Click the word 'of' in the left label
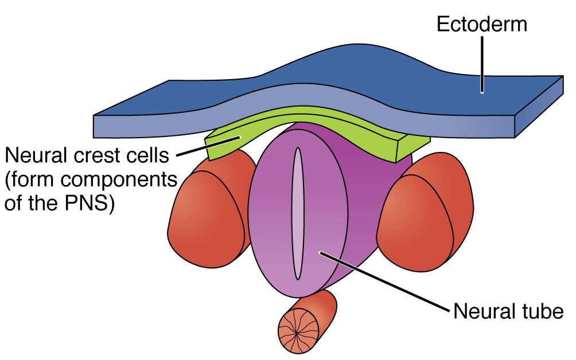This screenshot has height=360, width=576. tap(15, 203)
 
